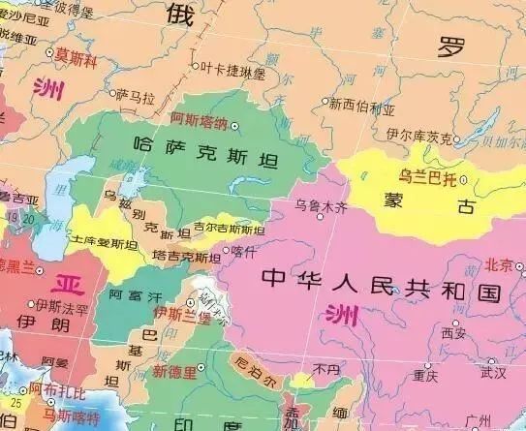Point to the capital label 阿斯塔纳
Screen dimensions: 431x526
pos(199,123)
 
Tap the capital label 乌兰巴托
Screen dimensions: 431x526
pos(426,177)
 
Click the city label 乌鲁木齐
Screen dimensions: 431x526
pos(321,206)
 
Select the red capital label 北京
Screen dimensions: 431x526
pos(500,264)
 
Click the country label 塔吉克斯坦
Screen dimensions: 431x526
pos(187,257)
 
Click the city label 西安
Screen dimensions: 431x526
pos(453,334)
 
